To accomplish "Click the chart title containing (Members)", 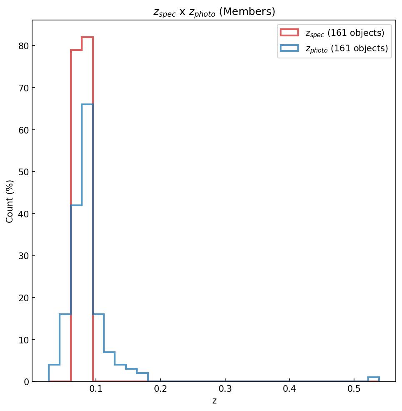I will [x=214, y=12].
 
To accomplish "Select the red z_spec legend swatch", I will [x=289, y=33].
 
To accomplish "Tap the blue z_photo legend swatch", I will [x=289, y=48].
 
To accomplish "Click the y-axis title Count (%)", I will [x=10, y=201].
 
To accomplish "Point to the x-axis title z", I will [x=214, y=401].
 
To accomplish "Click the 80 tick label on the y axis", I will [x=23, y=46].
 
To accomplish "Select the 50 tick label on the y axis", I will [x=23, y=172].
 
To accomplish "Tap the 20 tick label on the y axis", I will [x=23, y=298].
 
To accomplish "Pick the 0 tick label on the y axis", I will [x=26, y=382].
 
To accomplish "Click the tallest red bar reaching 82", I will [x=87, y=125].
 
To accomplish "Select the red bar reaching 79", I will [x=76, y=125].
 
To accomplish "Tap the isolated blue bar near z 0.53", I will [x=373, y=379].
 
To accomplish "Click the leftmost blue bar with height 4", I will [x=54, y=373].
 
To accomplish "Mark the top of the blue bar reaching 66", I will [x=87, y=104].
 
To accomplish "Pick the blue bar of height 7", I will [x=109, y=367].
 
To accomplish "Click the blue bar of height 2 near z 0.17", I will [x=142, y=377].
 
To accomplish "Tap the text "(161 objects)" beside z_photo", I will [x=359, y=48].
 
